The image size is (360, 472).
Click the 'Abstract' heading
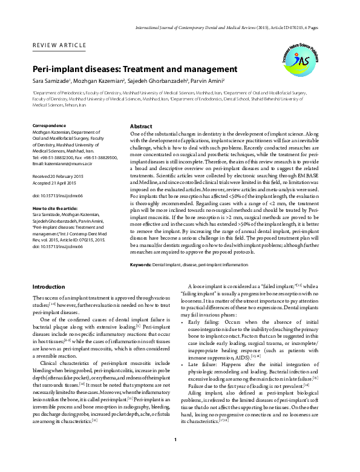(x=141, y=126)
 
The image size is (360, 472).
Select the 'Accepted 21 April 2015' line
(x=54, y=182)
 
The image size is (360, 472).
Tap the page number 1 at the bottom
(x=175, y=457)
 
